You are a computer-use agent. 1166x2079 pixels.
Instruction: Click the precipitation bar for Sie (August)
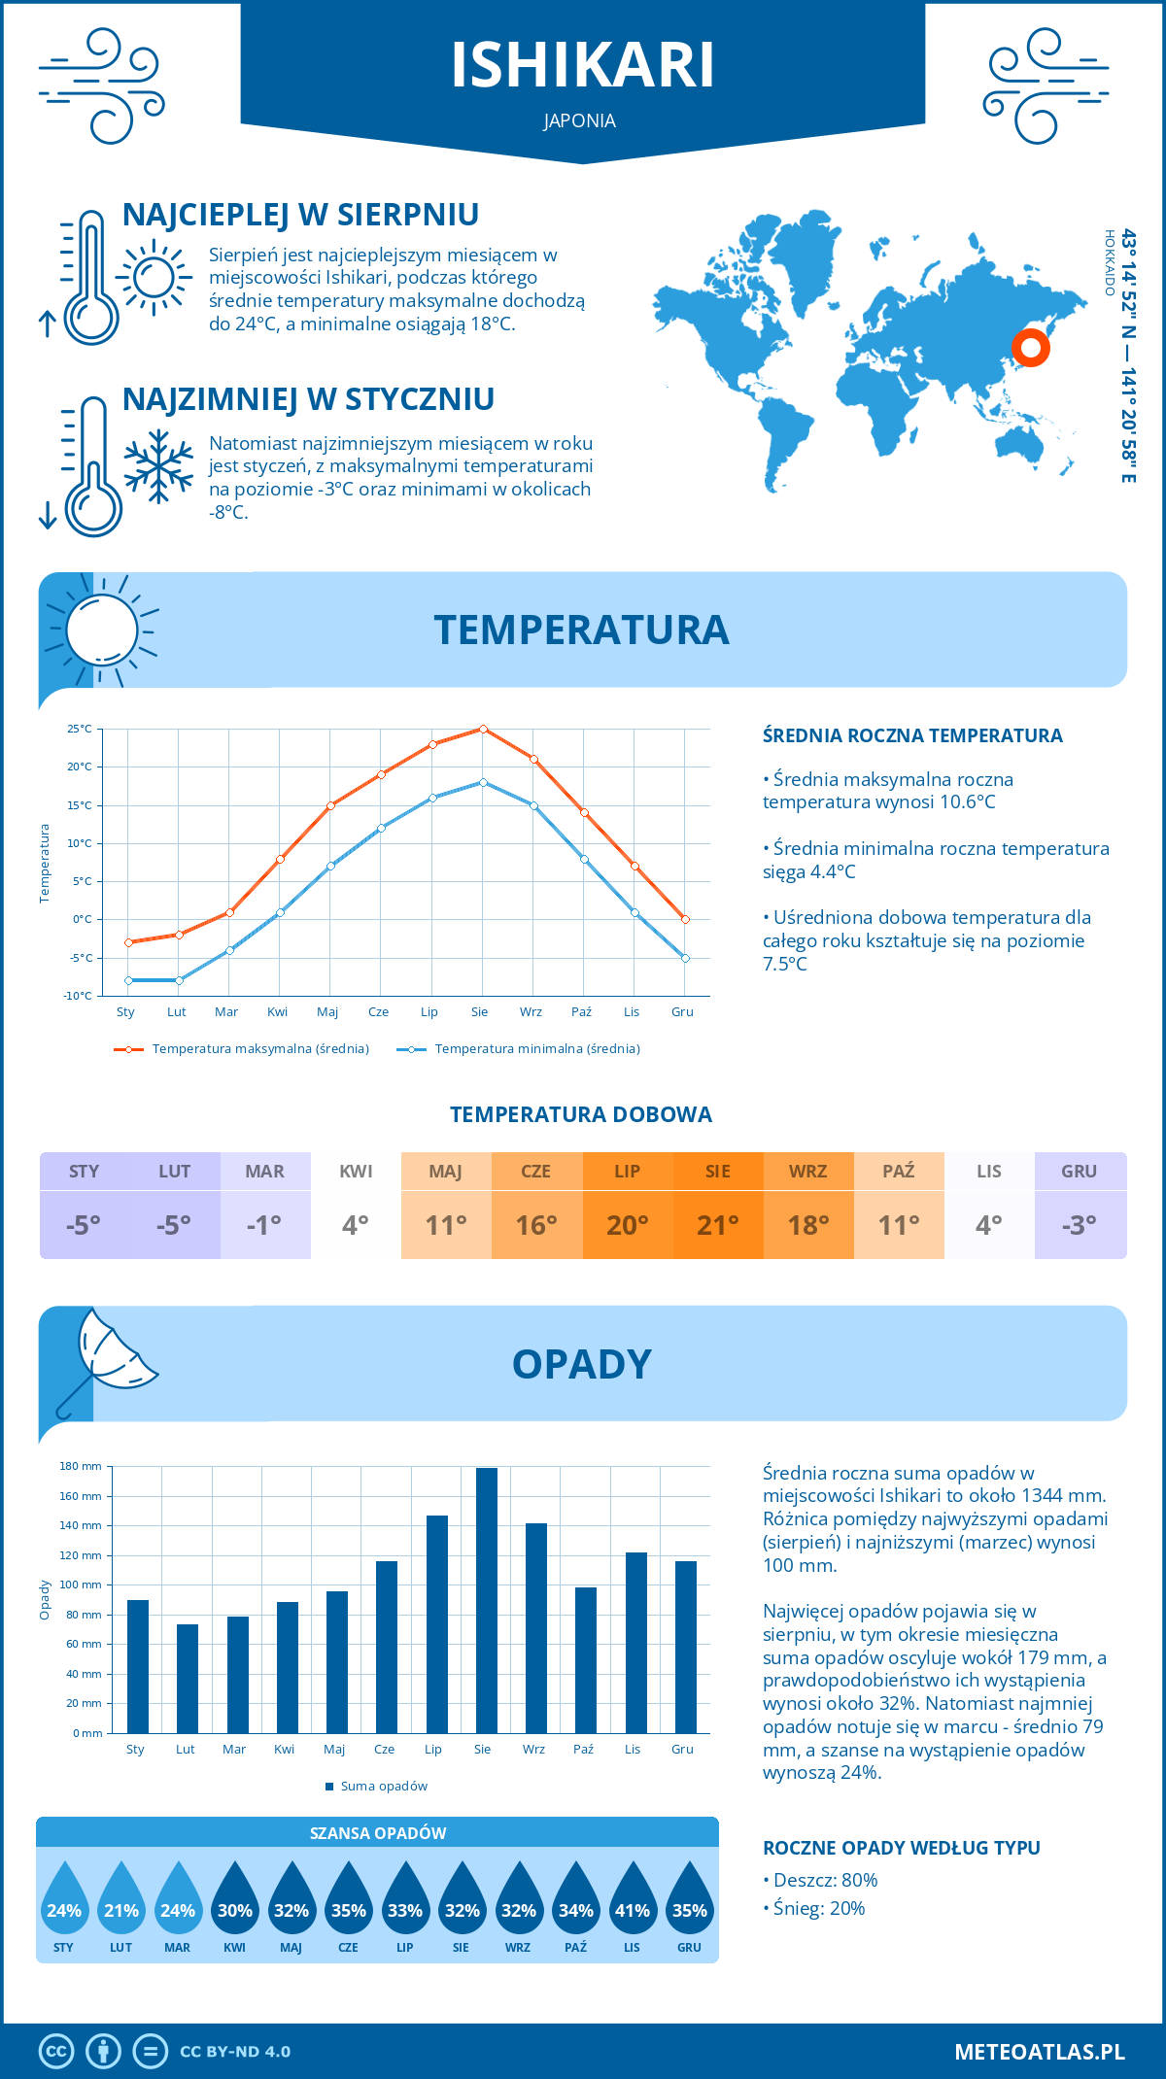point(486,1600)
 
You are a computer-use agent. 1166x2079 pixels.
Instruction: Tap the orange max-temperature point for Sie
point(483,729)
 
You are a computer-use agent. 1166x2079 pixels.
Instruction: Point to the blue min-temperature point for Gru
point(685,958)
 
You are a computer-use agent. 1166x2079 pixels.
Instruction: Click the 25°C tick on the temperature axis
point(80,729)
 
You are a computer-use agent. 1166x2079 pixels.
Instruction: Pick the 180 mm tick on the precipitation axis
point(82,1466)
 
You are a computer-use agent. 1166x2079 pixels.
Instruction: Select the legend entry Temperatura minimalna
point(519,1049)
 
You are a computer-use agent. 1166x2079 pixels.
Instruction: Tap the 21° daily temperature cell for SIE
point(718,1225)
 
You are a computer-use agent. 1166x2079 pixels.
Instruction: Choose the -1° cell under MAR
point(265,1225)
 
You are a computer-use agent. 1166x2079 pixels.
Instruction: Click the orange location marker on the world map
point(1030,347)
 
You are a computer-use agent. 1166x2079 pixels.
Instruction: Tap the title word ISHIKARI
point(582,65)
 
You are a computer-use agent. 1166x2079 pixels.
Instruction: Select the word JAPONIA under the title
point(580,120)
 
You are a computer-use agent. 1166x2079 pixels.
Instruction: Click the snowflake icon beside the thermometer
point(158,465)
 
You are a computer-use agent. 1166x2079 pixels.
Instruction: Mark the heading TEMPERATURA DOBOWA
point(581,1114)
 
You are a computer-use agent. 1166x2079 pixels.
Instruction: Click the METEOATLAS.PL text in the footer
point(1039,2052)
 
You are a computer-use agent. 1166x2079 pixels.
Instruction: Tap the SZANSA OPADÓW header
point(378,1833)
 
